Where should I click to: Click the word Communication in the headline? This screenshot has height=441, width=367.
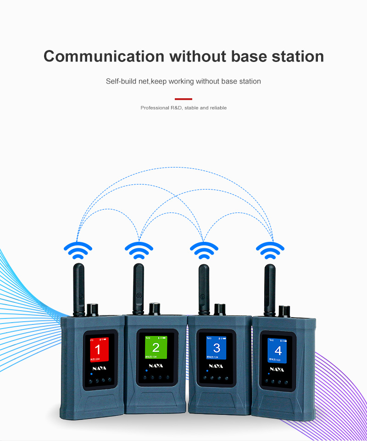coord(104,56)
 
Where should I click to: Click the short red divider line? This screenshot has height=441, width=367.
coord(183,99)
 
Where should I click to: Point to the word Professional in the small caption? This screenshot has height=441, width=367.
coord(154,108)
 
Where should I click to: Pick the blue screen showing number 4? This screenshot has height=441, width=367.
coord(277,350)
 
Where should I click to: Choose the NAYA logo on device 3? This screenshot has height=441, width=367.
coord(216,366)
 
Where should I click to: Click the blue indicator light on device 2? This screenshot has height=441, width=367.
coord(145,369)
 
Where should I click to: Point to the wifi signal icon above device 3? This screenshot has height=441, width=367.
coord(204,249)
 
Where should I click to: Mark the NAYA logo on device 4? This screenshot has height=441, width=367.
coord(277,368)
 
